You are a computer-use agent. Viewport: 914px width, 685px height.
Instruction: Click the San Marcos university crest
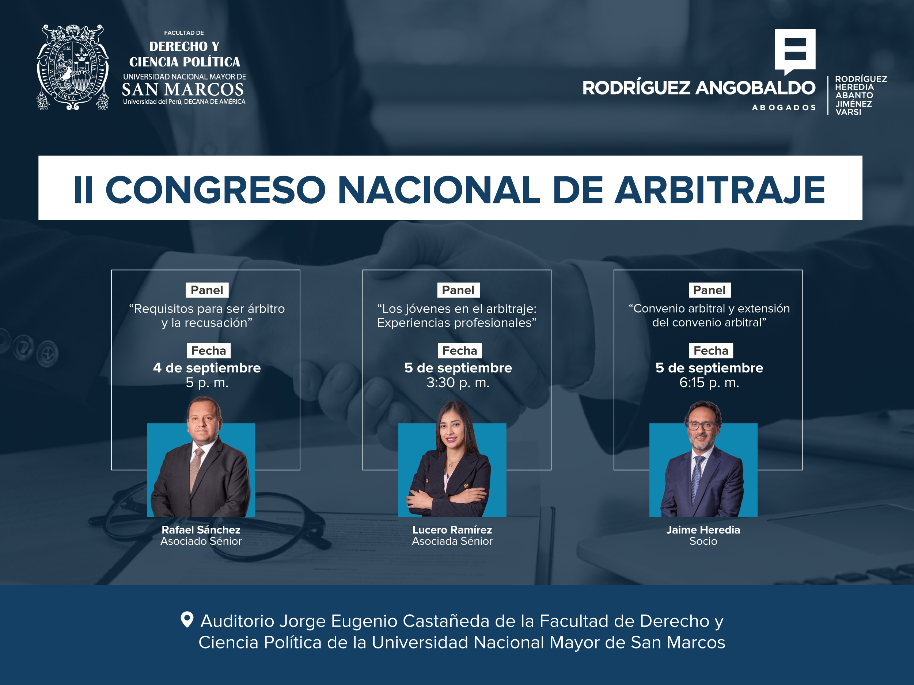pyautogui.click(x=73, y=67)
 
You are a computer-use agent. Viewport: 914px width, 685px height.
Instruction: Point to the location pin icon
pyautogui.click(x=187, y=620)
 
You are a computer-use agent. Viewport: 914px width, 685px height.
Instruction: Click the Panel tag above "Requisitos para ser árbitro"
pyautogui.click(x=207, y=290)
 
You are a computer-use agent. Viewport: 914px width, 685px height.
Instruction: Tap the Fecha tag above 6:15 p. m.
pyautogui.click(x=711, y=351)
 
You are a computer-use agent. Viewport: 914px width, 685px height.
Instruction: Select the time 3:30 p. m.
pyautogui.click(x=458, y=383)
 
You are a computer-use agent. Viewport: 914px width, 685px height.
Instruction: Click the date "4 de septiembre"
pyautogui.click(x=207, y=367)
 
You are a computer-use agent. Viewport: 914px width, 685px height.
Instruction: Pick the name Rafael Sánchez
pyautogui.click(x=201, y=530)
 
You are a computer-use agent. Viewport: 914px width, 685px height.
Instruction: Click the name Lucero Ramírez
pyautogui.click(x=452, y=530)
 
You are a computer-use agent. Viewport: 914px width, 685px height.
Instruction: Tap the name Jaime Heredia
pyautogui.click(x=703, y=530)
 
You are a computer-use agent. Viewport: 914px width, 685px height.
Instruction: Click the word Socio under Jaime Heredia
pyautogui.click(x=703, y=541)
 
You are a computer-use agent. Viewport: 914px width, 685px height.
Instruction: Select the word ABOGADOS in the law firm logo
pyautogui.click(x=784, y=108)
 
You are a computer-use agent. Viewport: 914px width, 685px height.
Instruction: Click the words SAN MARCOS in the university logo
pyautogui.click(x=183, y=89)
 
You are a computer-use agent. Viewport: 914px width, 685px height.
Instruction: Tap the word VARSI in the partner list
pyautogui.click(x=848, y=112)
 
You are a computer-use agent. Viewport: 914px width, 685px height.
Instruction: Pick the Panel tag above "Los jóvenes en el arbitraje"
pyautogui.click(x=458, y=290)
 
